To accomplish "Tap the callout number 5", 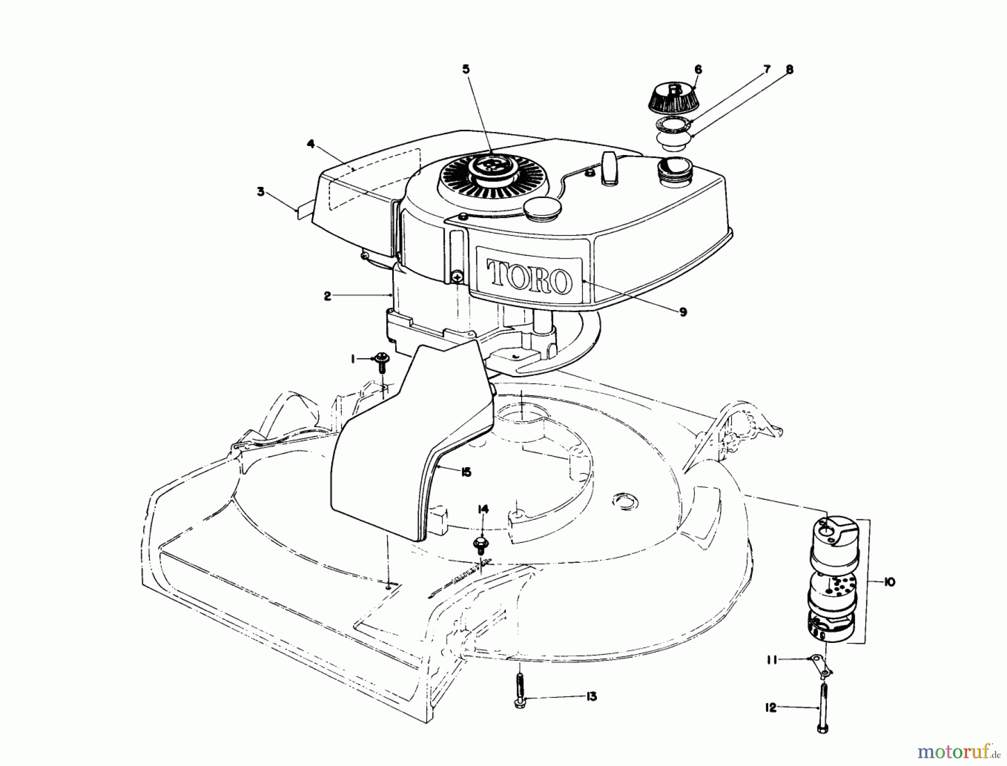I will (x=466, y=69).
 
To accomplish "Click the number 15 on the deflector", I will (x=465, y=472).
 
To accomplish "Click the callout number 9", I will (x=683, y=312).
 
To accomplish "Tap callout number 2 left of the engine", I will (x=328, y=297).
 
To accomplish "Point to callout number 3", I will (x=261, y=191).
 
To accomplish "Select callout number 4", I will (x=311, y=143).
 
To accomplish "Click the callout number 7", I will (x=767, y=69).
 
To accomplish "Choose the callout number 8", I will (x=789, y=69).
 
